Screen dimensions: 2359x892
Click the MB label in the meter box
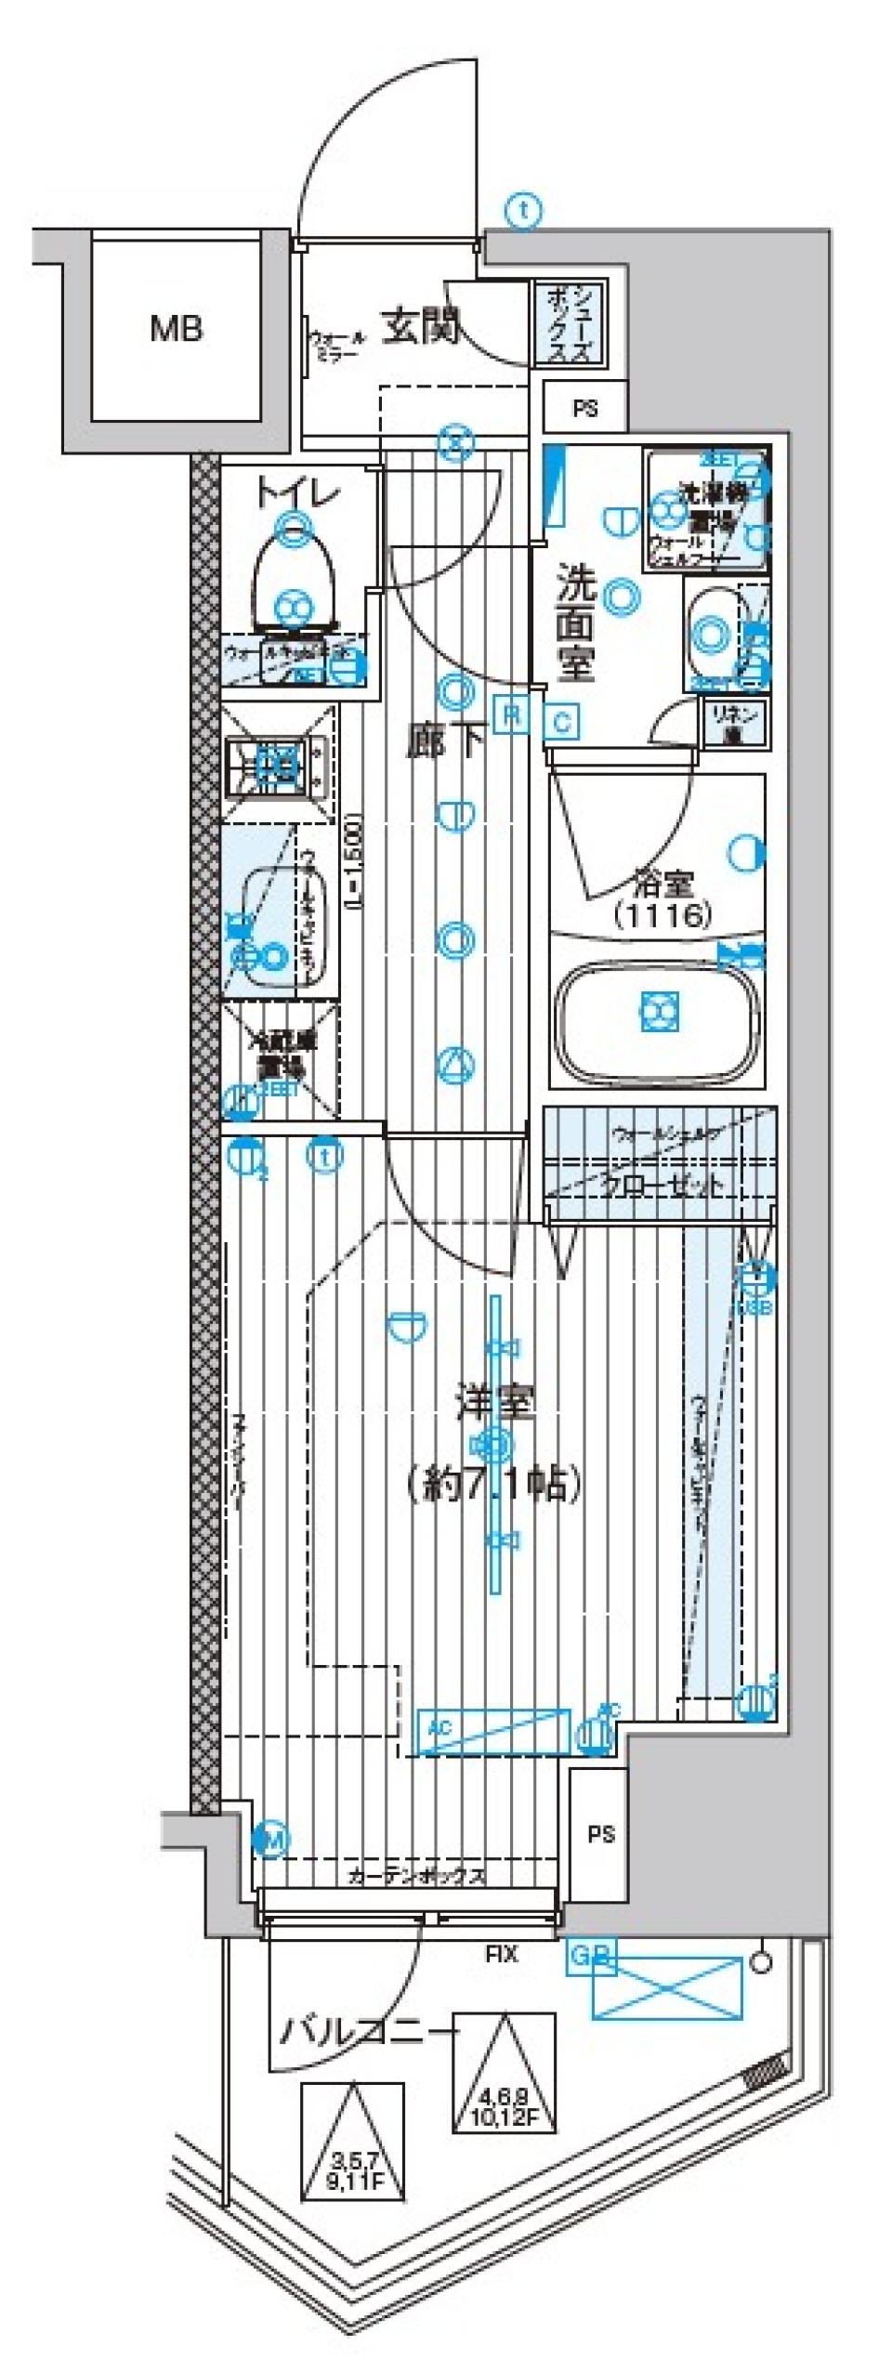click(177, 328)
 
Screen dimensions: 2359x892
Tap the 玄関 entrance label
click(421, 326)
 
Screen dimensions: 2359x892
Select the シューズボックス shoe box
click(567, 322)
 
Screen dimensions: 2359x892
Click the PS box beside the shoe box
click(584, 408)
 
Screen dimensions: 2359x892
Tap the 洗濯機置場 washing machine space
click(707, 510)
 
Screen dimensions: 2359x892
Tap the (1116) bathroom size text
click(662, 915)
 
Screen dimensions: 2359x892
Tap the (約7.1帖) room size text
click(493, 1483)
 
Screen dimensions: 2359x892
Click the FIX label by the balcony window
click(502, 1954)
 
